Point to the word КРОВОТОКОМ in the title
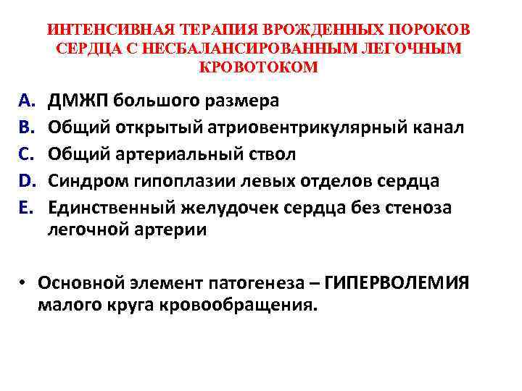(x=257, y=67)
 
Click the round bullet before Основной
(x=25, y=282)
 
